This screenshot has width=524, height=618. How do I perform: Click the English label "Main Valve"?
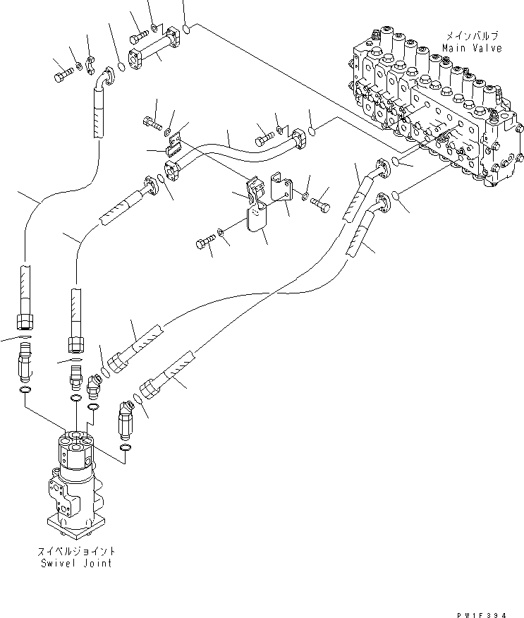coord(472,48)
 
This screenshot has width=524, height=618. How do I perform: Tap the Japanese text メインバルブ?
coord(472,35)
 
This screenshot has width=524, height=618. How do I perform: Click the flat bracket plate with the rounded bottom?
coord(258,219)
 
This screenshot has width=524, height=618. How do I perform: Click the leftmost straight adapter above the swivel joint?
coord(24,360)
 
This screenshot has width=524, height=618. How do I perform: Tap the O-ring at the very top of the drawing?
coord(186,29)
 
